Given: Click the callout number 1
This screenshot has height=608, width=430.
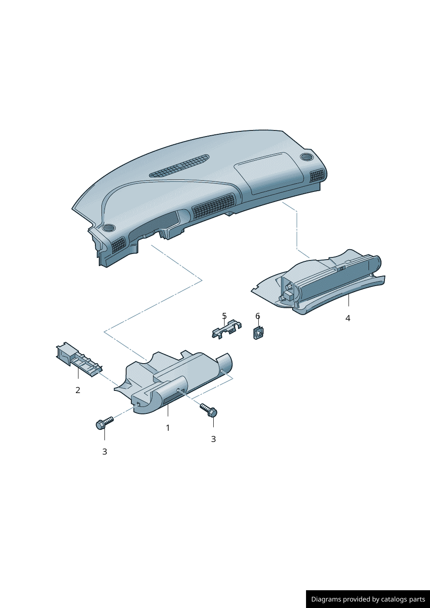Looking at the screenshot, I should coord(168,428).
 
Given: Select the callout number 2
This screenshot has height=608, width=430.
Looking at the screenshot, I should coord(78,390).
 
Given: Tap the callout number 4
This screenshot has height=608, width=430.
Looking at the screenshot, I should coord(348,318).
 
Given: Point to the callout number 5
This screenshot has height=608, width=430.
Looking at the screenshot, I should coord(224,316).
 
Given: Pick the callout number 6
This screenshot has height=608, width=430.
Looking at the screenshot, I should coord(257,316).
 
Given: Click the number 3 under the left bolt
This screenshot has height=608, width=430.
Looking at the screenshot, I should coord(104,452).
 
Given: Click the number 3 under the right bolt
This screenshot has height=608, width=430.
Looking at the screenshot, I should coord(213,439).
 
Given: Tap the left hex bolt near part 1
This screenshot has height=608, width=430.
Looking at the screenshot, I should coord(104,423).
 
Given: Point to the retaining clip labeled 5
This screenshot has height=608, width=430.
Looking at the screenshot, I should coord(226,329).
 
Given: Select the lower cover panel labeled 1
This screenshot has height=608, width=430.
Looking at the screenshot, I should coord(173,381).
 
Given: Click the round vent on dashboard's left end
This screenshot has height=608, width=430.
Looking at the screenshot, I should coord(108,228).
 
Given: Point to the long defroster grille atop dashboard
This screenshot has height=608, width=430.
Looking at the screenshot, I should coord(179,166).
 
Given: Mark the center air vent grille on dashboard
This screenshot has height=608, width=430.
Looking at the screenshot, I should coord(214,206).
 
